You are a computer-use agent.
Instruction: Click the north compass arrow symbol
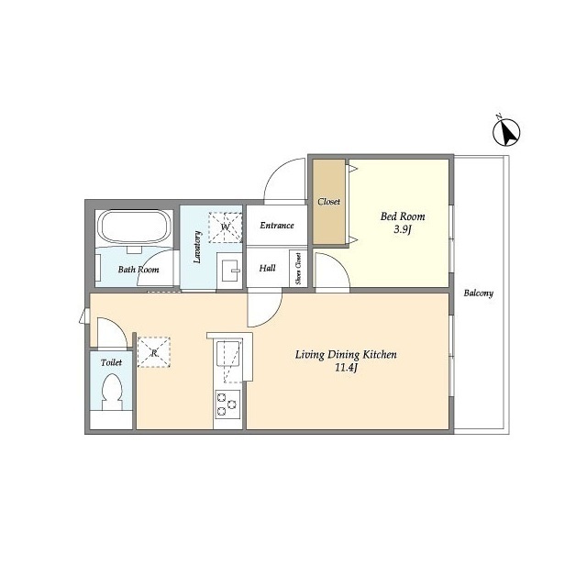coord(506,132)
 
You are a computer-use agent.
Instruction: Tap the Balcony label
coord(479,293)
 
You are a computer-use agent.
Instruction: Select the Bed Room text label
coord(403,216)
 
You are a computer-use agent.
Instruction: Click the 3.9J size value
coord(403,229)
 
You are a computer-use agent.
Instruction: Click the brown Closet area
coord(328,202)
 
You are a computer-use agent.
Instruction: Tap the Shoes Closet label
coord(298,269)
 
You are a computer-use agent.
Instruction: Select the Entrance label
coord(277,226)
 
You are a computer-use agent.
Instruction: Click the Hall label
coord(267,268)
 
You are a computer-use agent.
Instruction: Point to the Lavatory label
coord(197,247)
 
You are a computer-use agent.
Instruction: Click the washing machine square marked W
coord(226,228)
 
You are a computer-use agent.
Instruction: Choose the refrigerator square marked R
coord(154,352)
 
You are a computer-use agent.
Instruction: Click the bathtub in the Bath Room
coord(134,227)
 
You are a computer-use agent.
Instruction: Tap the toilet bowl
coord(112,393)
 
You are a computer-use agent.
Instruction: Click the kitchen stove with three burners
coord(227,404)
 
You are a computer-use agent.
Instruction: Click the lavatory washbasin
coord(229,271)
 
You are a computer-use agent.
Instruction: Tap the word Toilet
coord(111,362)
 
